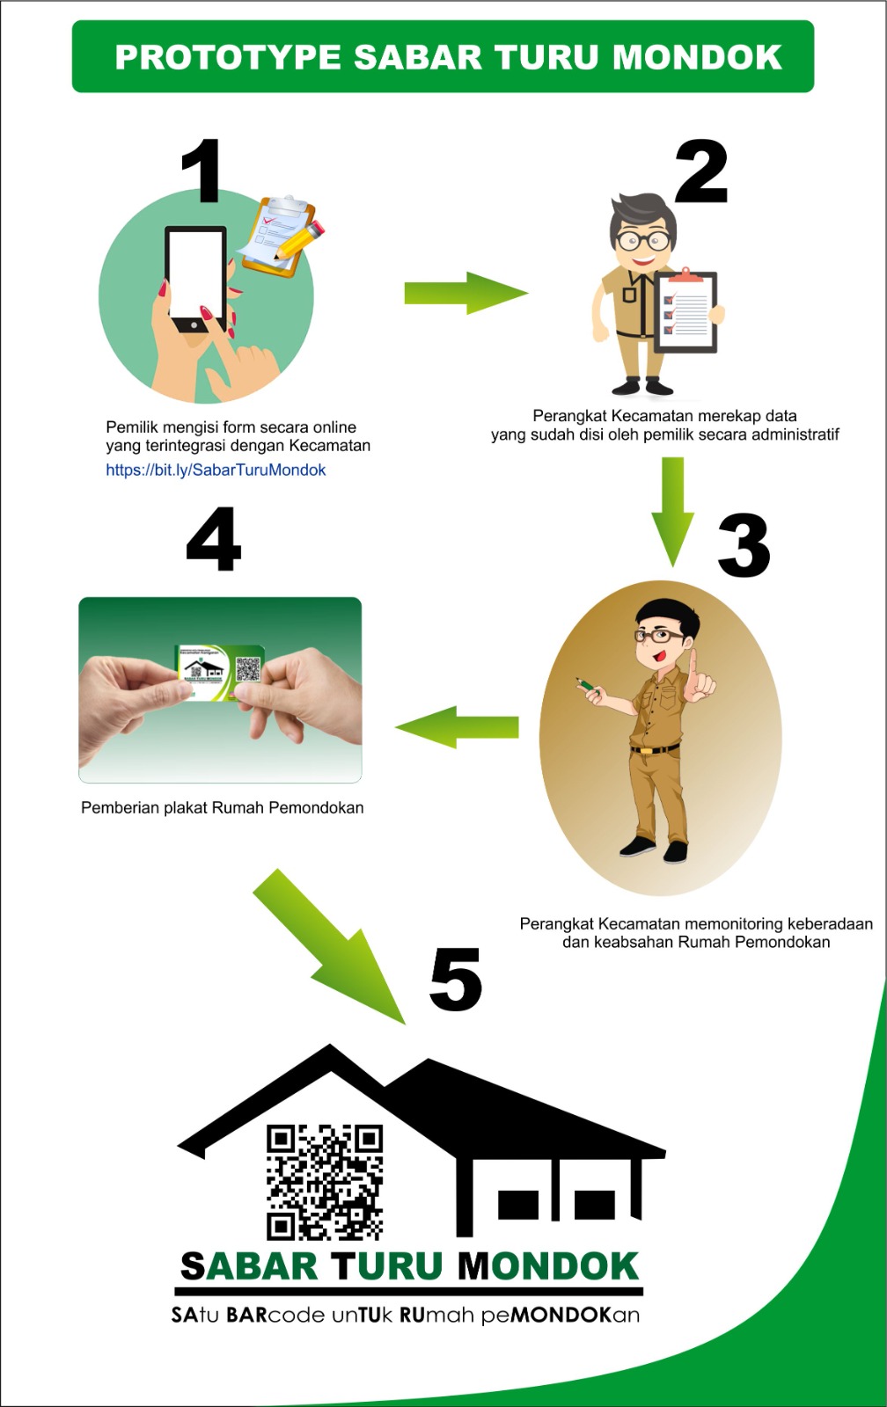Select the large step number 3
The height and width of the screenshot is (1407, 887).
pyautogui.click(x=744, y=544)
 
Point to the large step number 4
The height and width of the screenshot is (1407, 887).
pyautogui.click(x=214, y=539)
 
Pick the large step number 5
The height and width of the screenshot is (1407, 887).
pyautogui.click(x=456, y=980)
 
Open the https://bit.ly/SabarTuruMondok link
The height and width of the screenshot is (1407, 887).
pyautogui.click(x=216, y=470)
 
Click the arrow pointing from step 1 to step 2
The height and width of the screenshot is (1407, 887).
pyautogui.click(x=465, y=293)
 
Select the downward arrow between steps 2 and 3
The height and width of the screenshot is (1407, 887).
pyautogui.click(x=672, y=512)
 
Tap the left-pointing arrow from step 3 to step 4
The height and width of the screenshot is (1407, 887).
pyautogui.click(x=457, y=727)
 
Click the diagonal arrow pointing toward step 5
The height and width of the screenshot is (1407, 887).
pyautogui.click(x=330, y=946)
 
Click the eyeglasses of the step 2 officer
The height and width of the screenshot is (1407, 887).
pyautogui.click(x=643, y=240)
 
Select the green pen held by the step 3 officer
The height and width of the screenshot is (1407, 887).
pyautogui.click(x=589, y=687)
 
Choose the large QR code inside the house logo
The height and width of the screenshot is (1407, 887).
pyautogui.click(x=325, y=1182)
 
